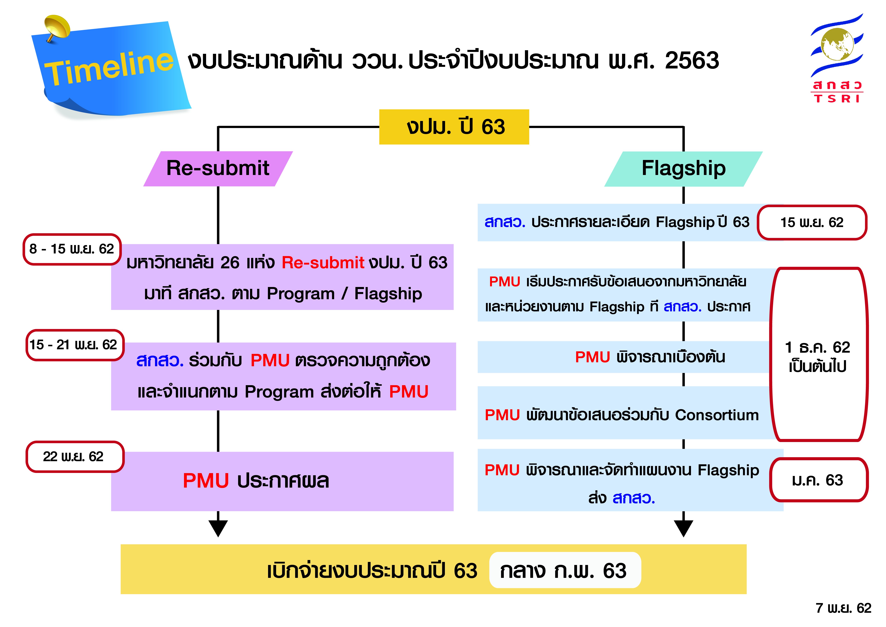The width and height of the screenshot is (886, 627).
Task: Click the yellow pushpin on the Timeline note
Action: (57, 26)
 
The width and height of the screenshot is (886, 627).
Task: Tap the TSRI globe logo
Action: (837, 46)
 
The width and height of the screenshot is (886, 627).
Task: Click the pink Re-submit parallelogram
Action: (218, 169)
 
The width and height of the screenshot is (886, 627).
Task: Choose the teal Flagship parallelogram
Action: (683, 169)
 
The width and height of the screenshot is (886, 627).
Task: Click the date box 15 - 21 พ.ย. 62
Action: (74, 345)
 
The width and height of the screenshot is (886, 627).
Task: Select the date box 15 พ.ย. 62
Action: (812, 222)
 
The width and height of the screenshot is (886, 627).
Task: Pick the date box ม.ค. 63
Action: (818, 480)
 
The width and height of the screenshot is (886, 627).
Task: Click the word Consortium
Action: (717, 415)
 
